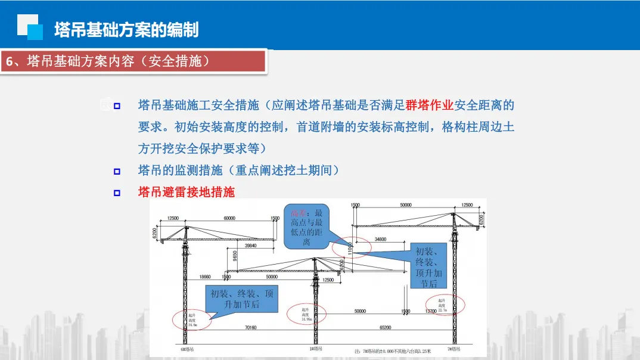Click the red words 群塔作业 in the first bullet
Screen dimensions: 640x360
[x=430, y=105]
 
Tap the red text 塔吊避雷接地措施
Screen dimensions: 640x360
[x=187, y=192]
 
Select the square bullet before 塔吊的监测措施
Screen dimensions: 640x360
[x=117, y=172]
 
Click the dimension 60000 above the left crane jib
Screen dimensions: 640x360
[x=229, y=219]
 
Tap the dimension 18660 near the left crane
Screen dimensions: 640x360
[x=206, y=277]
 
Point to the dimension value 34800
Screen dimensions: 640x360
[x=380, y=239]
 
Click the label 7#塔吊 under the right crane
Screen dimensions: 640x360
[x=454, y=349]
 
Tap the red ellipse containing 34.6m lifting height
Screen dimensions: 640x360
[x=192, y=319]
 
